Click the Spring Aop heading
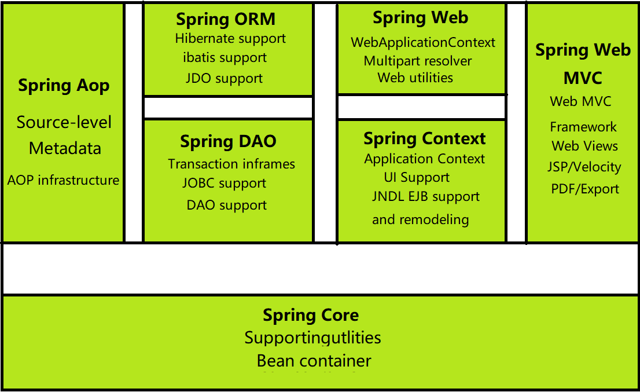pyautogui.click(x=64, y=86)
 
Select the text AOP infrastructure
pyautogui.click(x=63, y=180)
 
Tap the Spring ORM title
pyautogui.click(x=226, y=19)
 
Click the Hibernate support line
pyautogui.click(x=230, y=39)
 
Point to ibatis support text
pyautogui.click(x=225, y=57)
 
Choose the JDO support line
pyautogui.click(x=224, y=78)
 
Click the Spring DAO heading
pyautogui.click(x=228, y=141)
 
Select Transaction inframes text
pyautogui.click(x=231, y=164)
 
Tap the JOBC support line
pyautogui.click(x=224, y=184)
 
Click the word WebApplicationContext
pyautogui.click(x=423, y=42)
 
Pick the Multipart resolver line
pyautogui.click(x=418, y=61)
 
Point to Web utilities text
pyautogui.click(x=415, y=78)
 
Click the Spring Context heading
pyautogui.click(x=424, y=139)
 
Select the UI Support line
pyautogui.click(x=417, y=177)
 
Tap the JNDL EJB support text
pyautogui.click(x=425, y=197)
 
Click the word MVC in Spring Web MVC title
pyautogui.click(x=583, y=78)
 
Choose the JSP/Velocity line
pyautogui.click(x=584, y=167)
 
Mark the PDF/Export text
pyautogui.click(x=584, y=189)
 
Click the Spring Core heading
pyautogui.click(x=311, y=316)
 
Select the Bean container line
pyautogui.click(x=314, y=361)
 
